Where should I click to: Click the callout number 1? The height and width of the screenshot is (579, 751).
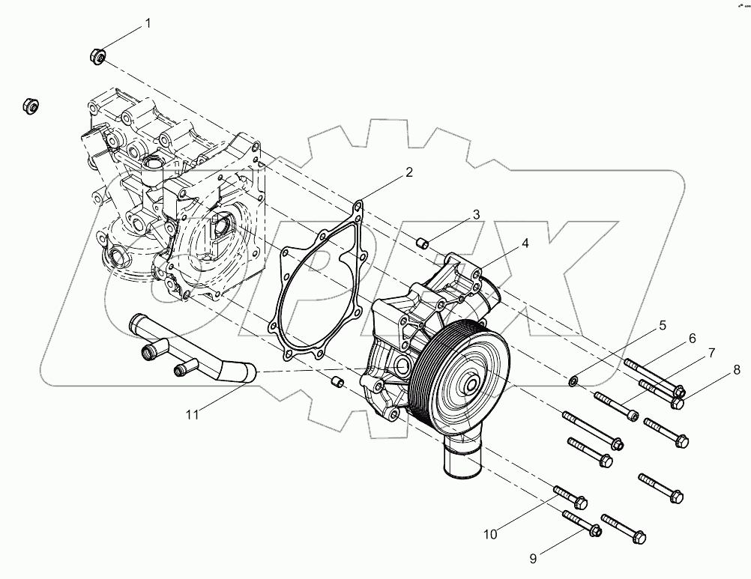(148, 23)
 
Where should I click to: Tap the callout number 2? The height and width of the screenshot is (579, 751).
(408, 172)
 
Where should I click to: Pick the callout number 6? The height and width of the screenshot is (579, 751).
(692, 338)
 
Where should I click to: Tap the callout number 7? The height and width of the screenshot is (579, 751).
(711, 352)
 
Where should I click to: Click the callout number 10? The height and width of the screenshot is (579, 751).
(490, 534)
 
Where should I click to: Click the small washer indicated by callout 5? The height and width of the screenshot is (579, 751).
(573, 383)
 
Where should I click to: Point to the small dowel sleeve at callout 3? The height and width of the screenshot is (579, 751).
(421, 242)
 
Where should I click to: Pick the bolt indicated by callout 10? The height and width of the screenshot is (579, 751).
(570, 497)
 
